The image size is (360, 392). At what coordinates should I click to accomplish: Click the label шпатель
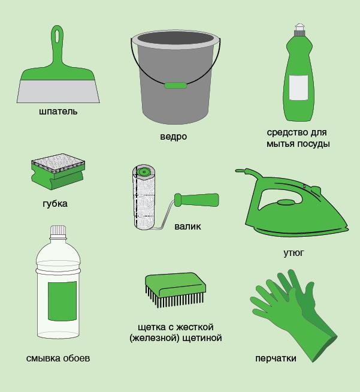tap(58, 111)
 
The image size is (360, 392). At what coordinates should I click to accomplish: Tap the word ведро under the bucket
tap(173, 137)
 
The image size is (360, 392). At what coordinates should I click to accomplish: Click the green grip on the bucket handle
tap(176, 86)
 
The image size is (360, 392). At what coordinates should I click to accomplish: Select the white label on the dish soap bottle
tap(298, 88)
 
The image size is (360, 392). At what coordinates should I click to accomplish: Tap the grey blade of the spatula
tap(58, 92)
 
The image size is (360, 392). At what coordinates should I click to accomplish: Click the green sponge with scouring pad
tap(58, 171)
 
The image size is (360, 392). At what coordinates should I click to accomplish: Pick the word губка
tap(55, 204)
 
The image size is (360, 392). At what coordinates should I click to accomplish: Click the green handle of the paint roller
tap(196, 200)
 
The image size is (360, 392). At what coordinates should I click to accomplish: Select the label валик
tap(187, 227)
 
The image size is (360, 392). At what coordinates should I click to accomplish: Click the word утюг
tap(294, 253)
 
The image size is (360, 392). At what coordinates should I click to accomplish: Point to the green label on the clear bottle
tap(62, 301)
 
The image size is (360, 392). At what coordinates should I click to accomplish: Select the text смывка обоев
tap(58, 358)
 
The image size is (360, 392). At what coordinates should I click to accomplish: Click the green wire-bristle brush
tap(176, 290)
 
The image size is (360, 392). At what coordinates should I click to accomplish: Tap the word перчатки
tap(276, 358)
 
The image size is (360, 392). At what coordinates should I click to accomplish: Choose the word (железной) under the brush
tap(154, 338)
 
